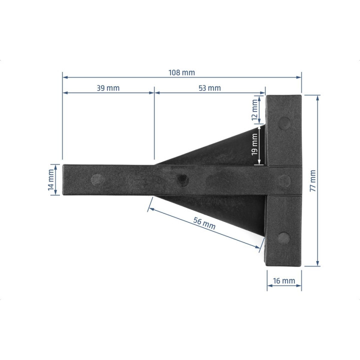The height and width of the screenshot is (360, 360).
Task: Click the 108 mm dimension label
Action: pyautogui.click(x=181, y=72)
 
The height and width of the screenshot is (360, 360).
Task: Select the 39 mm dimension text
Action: pyautogui.click(x=108, y=88)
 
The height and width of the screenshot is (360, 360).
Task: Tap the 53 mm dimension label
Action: pyautogui.click(x=209, y=88)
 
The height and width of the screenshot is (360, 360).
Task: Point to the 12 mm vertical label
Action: pyautogui.click(x=254, y=110)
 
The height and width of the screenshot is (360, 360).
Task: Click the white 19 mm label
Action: pyautogui.click(x=254, y=144)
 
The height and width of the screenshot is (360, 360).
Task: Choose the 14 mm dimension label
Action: pyautogui.click(x=50, y=180)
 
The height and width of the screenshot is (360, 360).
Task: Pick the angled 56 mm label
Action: pyautogui.click(x=204, y=223)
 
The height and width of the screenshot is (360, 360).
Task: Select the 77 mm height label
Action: pyautogui.click(x=312, y=180)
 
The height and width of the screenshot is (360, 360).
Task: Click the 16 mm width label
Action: pyautogui.click(x=284, y=280)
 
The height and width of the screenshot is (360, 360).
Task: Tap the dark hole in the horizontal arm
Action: pyautogui.click(x=183, y=178)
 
